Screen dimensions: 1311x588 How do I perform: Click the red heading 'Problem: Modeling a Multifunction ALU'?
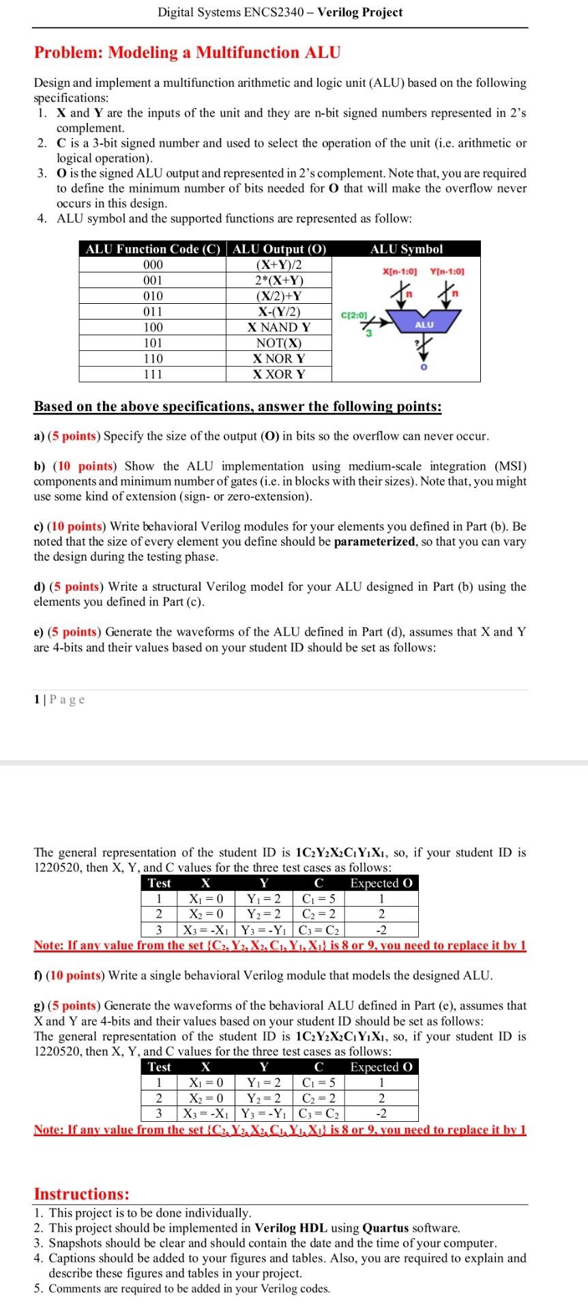(x=187, y=53)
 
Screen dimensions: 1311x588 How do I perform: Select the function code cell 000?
(x=153, y=265)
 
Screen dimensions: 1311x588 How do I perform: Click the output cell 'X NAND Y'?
(x=278, y=328)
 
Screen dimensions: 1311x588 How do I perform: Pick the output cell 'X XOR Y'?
(x=278, y=374)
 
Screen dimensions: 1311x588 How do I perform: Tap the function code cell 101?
(x=153, y=343)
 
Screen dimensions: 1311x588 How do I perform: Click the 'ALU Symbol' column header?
(x=406, y=249)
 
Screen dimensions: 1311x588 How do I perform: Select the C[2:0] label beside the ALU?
(x=354, y=315)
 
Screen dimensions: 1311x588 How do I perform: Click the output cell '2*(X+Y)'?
(x=278, y=281)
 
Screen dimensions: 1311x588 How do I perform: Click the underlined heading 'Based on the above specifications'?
(x=237, y=407)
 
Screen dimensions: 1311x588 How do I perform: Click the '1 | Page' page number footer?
(x=59, y=699)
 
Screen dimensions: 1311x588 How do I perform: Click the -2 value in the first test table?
(x=381, y=930)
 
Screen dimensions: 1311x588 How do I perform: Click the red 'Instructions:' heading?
(x=82, y=1194)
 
